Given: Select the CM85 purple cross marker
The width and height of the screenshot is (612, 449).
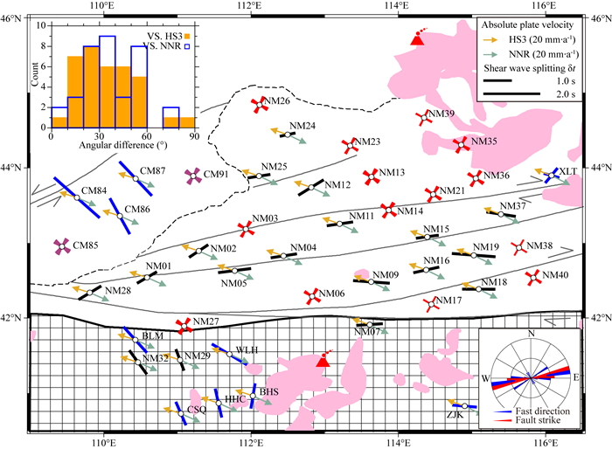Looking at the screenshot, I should tap(61, 247).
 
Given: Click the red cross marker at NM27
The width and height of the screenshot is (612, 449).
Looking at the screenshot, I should tap(184, 326).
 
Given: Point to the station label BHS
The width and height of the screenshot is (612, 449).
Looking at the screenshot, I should tap(268, 392).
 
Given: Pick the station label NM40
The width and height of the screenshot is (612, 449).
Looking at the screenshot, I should tap(555, 276).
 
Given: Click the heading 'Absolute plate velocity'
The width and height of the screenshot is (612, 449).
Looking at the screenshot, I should tap(536, 24).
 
